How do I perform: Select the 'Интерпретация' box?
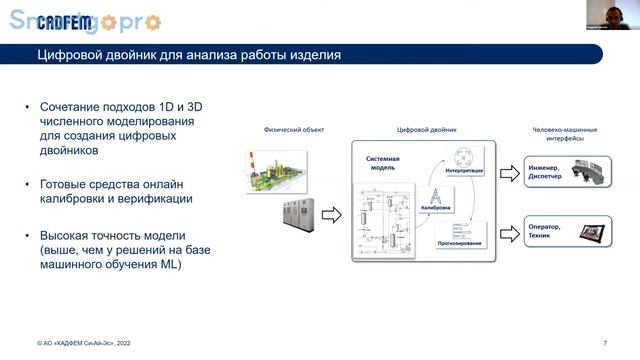pos(463,160)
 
